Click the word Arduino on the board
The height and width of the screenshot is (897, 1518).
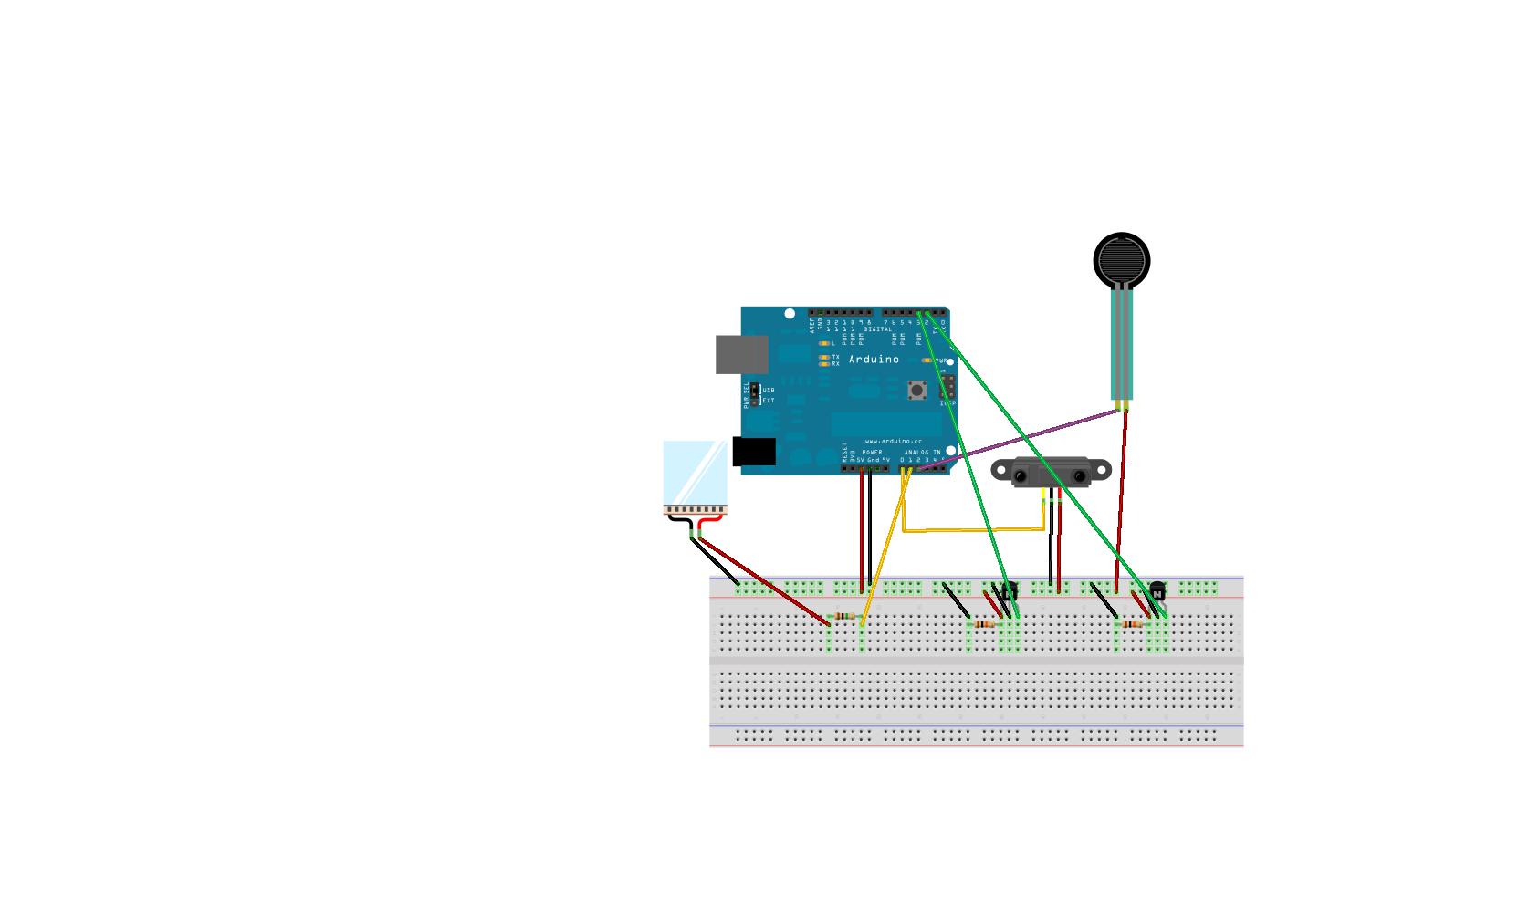coord(874,360)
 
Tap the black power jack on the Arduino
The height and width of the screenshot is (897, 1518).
coord(753,452)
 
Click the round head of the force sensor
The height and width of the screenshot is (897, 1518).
coord(1121,260)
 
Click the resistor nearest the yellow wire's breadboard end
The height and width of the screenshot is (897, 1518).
coord(845,616)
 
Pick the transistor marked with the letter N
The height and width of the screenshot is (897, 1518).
coord(1157,592)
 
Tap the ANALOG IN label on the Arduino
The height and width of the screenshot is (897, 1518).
coord(922,453)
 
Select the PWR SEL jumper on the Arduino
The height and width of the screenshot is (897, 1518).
coord(755,395)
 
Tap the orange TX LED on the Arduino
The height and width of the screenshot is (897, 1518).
coord(824,357)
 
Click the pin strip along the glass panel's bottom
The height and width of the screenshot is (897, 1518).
coord(694,508)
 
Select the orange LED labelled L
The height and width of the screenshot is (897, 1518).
coord(823,343)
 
